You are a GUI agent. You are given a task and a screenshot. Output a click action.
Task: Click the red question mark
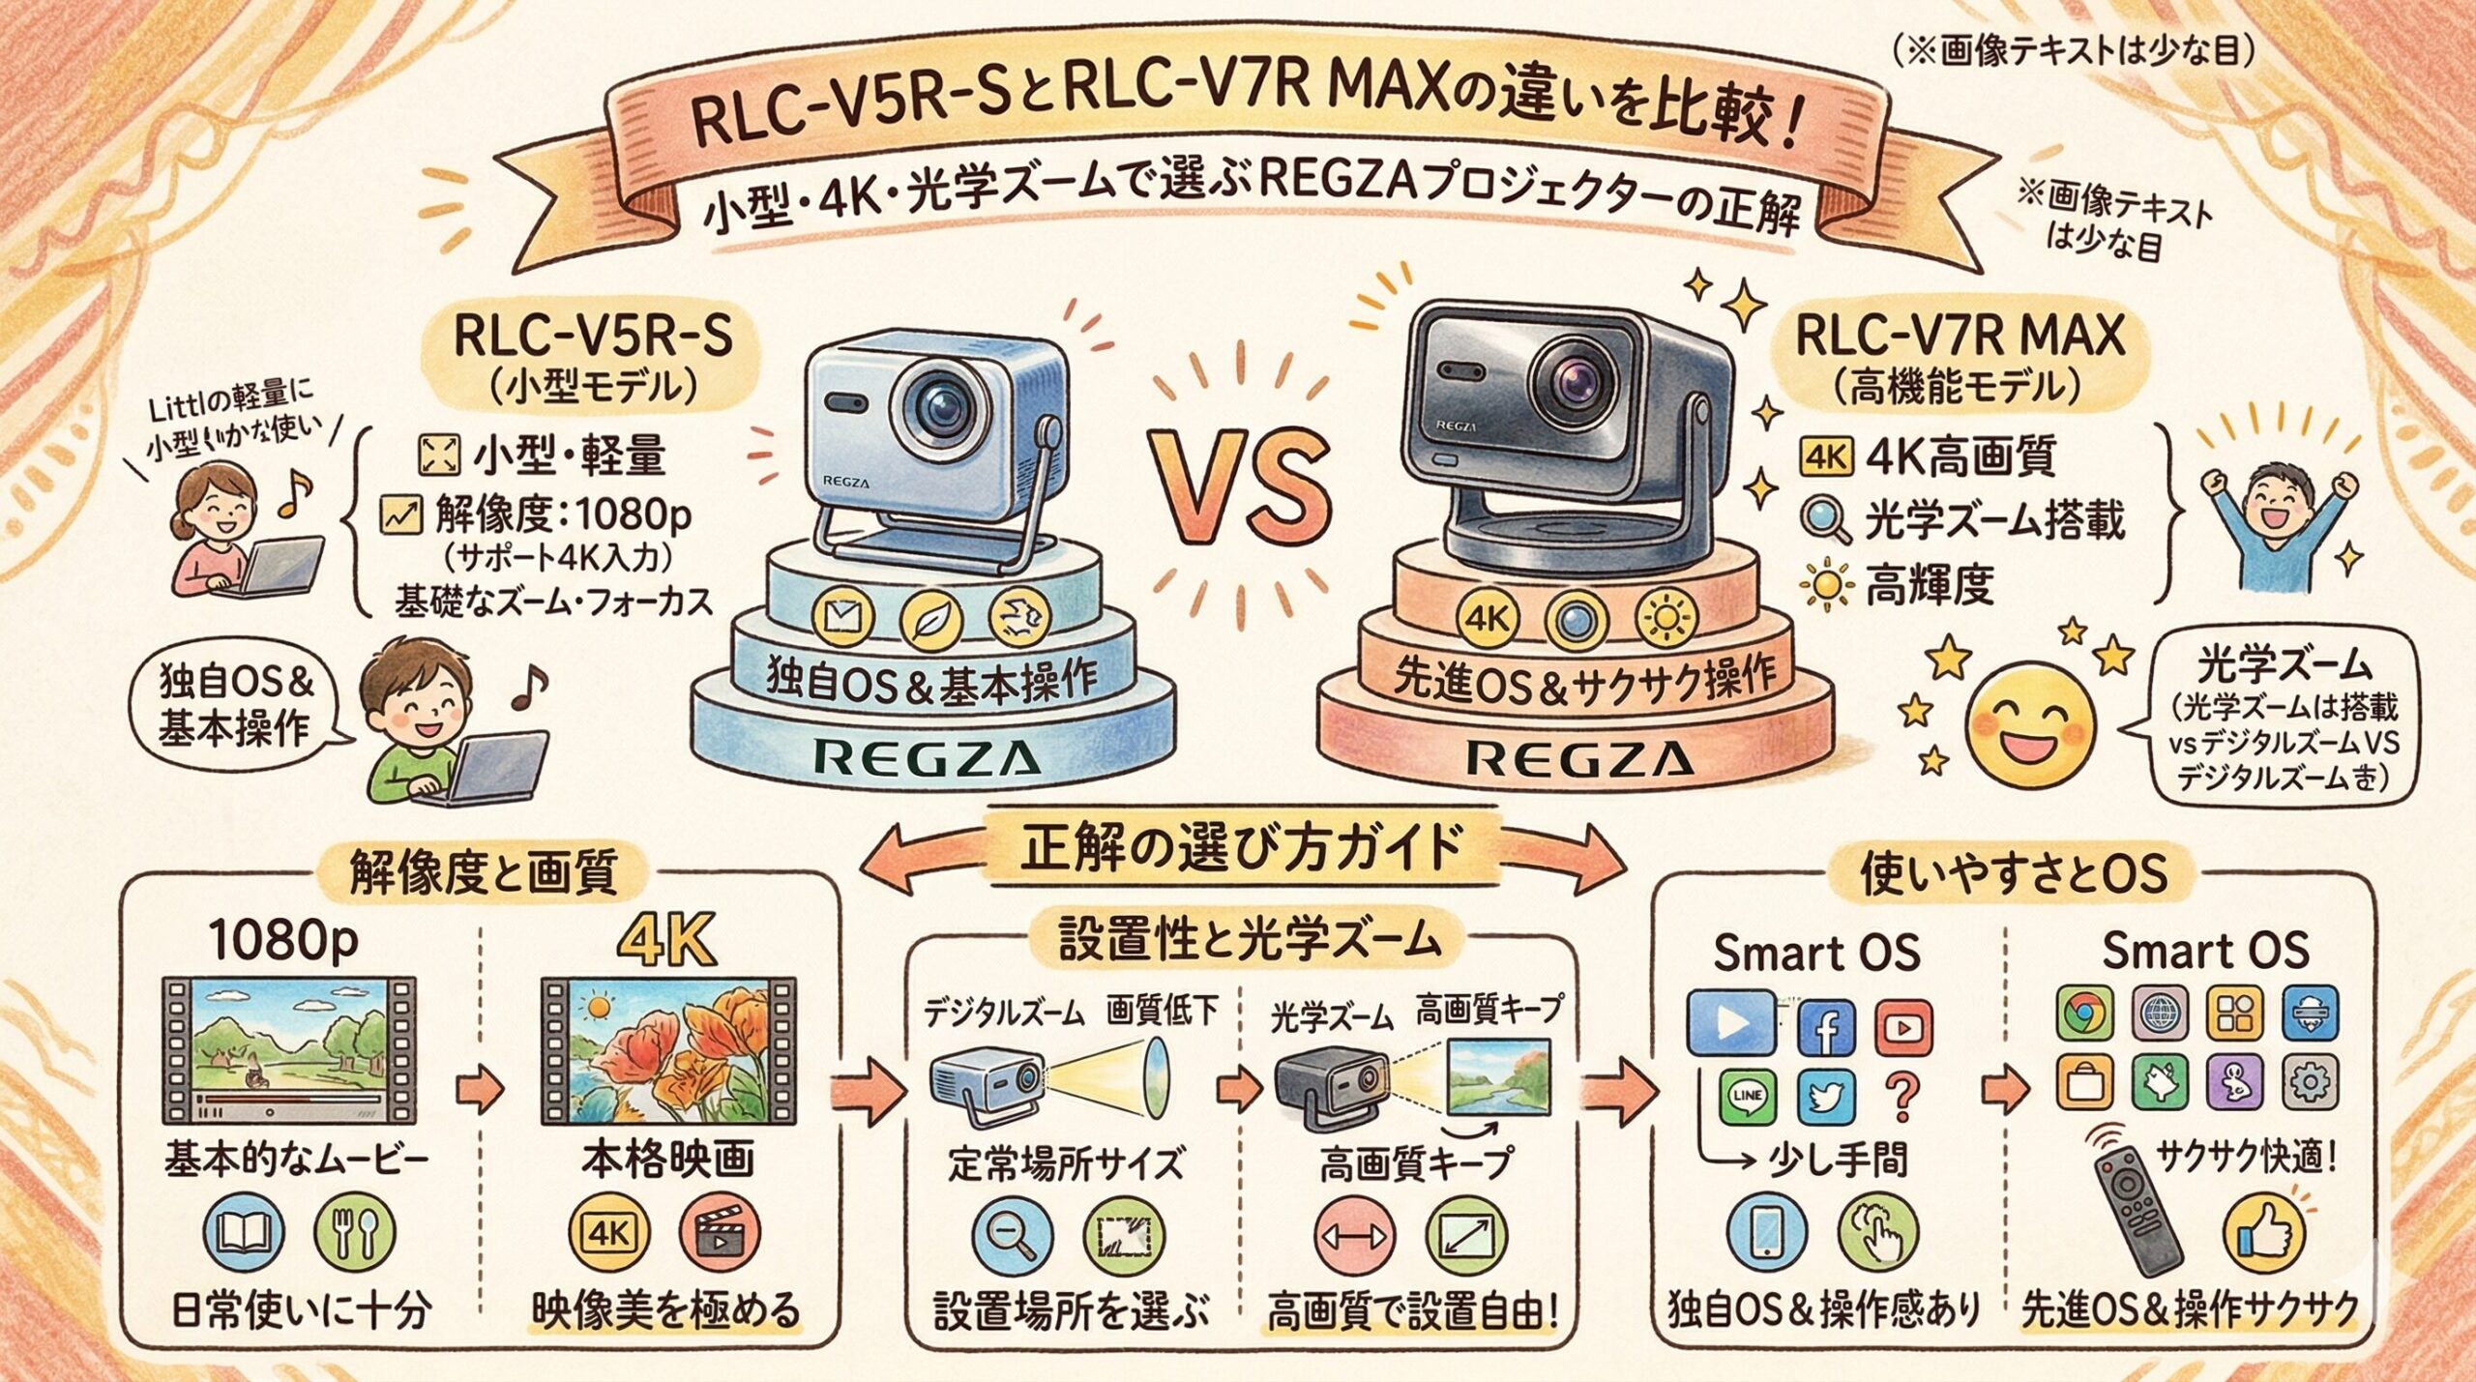pyautogui.click(x=1902, y=1097)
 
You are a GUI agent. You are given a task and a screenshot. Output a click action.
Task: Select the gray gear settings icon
pyautogui.click(x=2309, y=1082)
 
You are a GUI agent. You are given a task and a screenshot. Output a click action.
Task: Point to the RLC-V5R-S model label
pyautogui.click(x=592, y=338)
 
